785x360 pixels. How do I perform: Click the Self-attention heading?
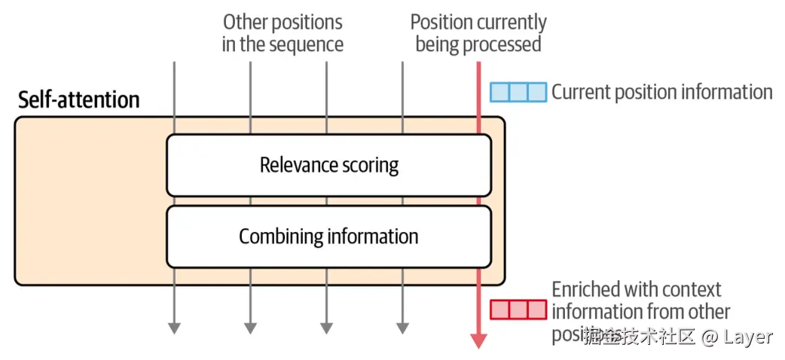coord(78,100)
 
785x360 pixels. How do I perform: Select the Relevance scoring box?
coord(328,165)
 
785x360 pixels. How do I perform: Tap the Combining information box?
coord(328,236)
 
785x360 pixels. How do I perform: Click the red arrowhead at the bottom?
coord(478,340)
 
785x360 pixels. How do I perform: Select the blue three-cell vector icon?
coord(518,92)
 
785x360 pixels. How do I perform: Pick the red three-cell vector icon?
coord(518,310)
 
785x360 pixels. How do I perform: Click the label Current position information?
coord(661,92)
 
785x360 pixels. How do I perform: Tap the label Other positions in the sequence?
coord(283,33)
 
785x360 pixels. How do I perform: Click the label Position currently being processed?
coord(478,33)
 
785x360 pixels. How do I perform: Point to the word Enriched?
coord(586,289)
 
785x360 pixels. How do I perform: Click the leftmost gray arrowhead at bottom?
coord(174,328)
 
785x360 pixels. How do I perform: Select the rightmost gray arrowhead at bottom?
coord(402,328)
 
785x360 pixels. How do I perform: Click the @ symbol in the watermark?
coord(708,337)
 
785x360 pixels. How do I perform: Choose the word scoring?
coord(369,165)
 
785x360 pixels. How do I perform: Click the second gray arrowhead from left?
coord(250,328)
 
